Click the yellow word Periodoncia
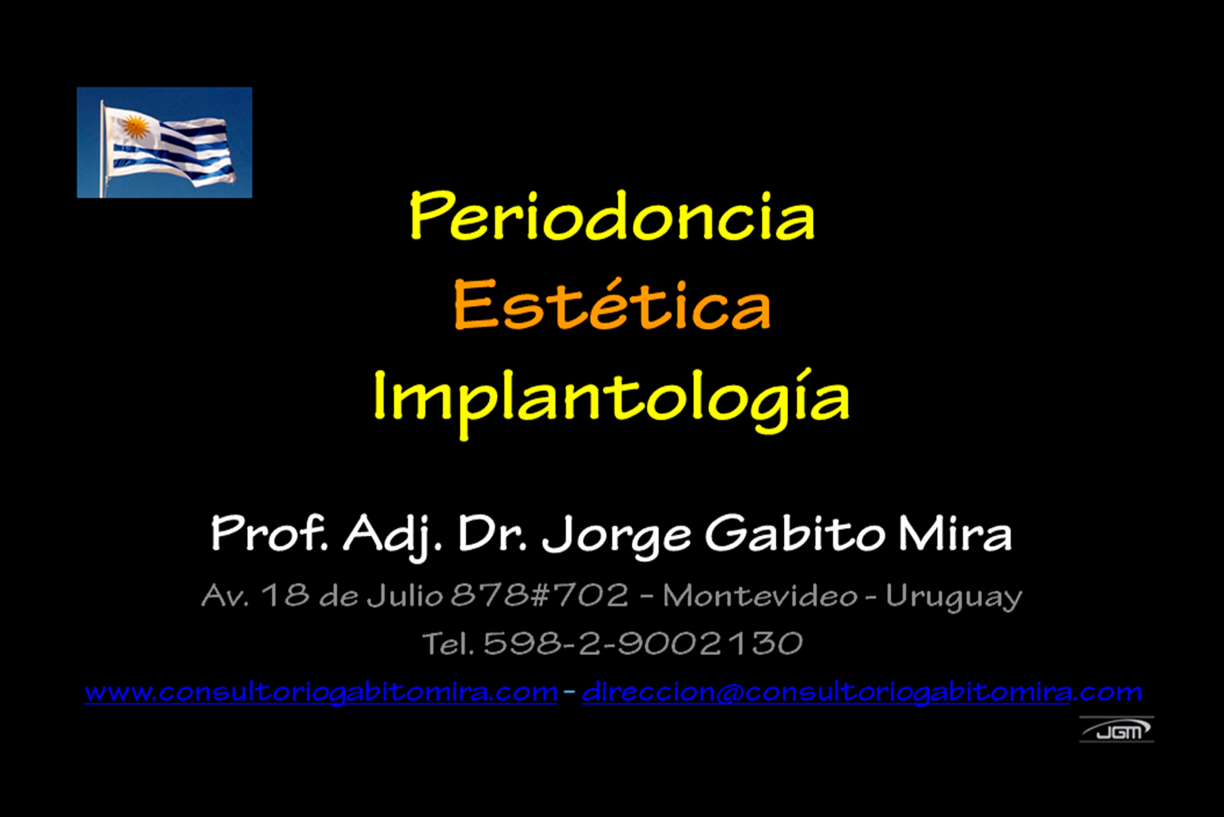(x=612, y=215)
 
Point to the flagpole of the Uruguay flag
(x=102, y=149)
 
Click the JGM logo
(x=1117, y=730)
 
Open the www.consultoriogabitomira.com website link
(x=321, y=692)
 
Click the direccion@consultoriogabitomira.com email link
(x=862, y=692)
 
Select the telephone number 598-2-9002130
(x=643, y=643)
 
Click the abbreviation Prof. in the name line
(x=269, y=533)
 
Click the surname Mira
(x=955, y=534)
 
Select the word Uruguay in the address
(x=954, y=598)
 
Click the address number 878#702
(x=539, y=595)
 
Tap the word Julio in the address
(x=404, y=595)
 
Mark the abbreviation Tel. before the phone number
(x=448, y=644)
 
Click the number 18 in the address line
(x=286, y=595)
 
